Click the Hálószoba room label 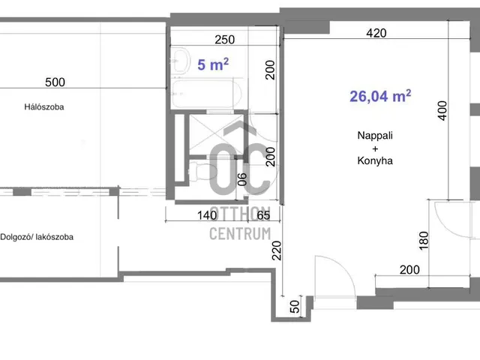(x=44, y=106)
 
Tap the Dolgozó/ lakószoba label (x=37, y=237)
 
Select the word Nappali (x=375, y=135)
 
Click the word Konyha (x=375, y=160)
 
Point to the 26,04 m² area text (x=380, y=96)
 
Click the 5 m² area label (x=213, y=64)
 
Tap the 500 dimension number (x=55, y=82)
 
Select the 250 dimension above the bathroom (x=225, y=40)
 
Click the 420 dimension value (x=376, y=33)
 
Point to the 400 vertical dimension (x=442, y=111)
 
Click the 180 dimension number (x=423, y=241)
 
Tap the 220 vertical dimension (x=277, y=250)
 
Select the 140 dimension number (x=207, y=215)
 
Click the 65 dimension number (x=263, y=215)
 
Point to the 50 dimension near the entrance (x=294, y=307)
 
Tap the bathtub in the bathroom (x=206, y=93)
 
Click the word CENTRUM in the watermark (x=240, y=234)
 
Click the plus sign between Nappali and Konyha (x=375, y=148)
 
